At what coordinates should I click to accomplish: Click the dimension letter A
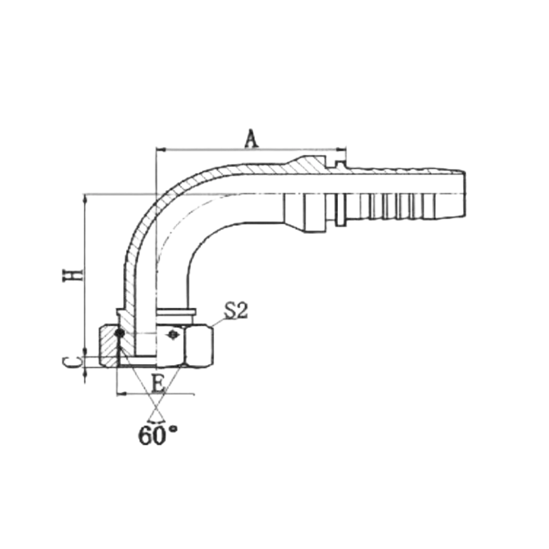point(251,139)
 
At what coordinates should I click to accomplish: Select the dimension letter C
point(72,362)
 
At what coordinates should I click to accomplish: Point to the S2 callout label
point(236,311)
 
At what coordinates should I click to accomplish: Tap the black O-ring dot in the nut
point(120,332)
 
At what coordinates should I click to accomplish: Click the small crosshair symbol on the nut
point(172,334)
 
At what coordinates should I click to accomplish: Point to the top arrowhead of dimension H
point(85,199)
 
